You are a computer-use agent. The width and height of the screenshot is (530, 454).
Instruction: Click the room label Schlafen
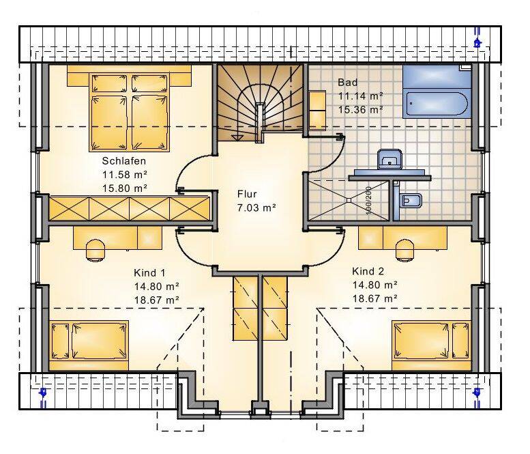124,160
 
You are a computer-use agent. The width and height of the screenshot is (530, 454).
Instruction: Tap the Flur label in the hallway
247,194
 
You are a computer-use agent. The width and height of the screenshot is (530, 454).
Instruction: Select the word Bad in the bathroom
347,82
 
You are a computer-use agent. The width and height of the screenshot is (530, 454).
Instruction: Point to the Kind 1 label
149,272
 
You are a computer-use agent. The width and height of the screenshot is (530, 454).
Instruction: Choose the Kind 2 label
368,271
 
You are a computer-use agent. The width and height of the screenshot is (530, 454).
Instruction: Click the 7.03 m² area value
256,208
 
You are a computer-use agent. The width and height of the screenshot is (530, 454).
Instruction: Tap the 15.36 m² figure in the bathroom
361,110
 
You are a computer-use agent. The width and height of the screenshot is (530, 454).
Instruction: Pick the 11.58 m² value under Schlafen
125,175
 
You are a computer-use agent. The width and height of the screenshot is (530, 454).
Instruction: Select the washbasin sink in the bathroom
389,159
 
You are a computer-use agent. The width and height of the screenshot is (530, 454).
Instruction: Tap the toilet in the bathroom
411,201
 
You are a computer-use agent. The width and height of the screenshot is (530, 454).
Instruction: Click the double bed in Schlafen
129,113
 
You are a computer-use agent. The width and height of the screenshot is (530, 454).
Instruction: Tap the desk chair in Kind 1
95,250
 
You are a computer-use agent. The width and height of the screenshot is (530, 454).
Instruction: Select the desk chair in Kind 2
404,250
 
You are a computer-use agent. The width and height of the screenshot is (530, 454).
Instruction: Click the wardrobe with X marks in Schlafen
130,208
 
